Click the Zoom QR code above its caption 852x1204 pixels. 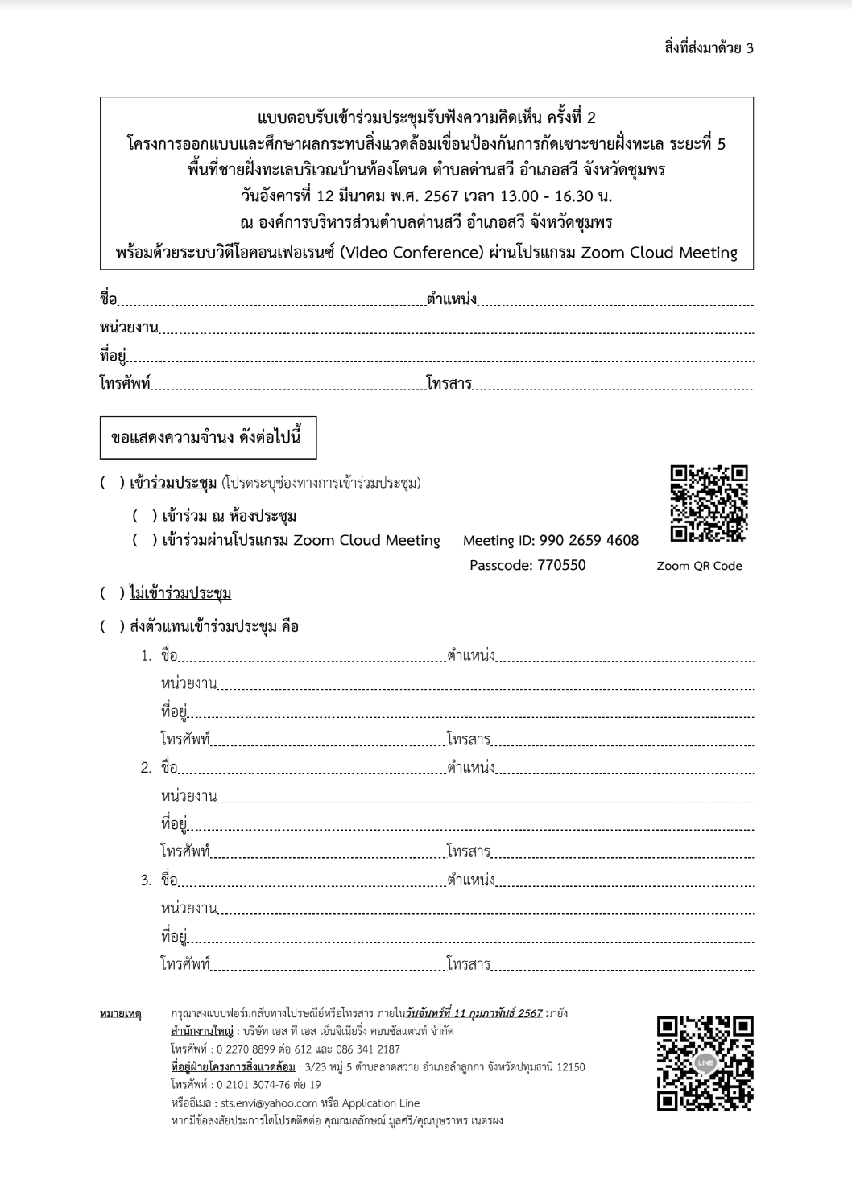point(709,504)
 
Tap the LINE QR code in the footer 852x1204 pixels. point(705,1064)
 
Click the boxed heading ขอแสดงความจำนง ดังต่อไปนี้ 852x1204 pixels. point(207,438)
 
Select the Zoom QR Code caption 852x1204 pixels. point(699,566)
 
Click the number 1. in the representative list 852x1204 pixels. point(146,655)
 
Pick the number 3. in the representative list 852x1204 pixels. point(146,880)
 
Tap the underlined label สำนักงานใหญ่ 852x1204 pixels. point(201,1031)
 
